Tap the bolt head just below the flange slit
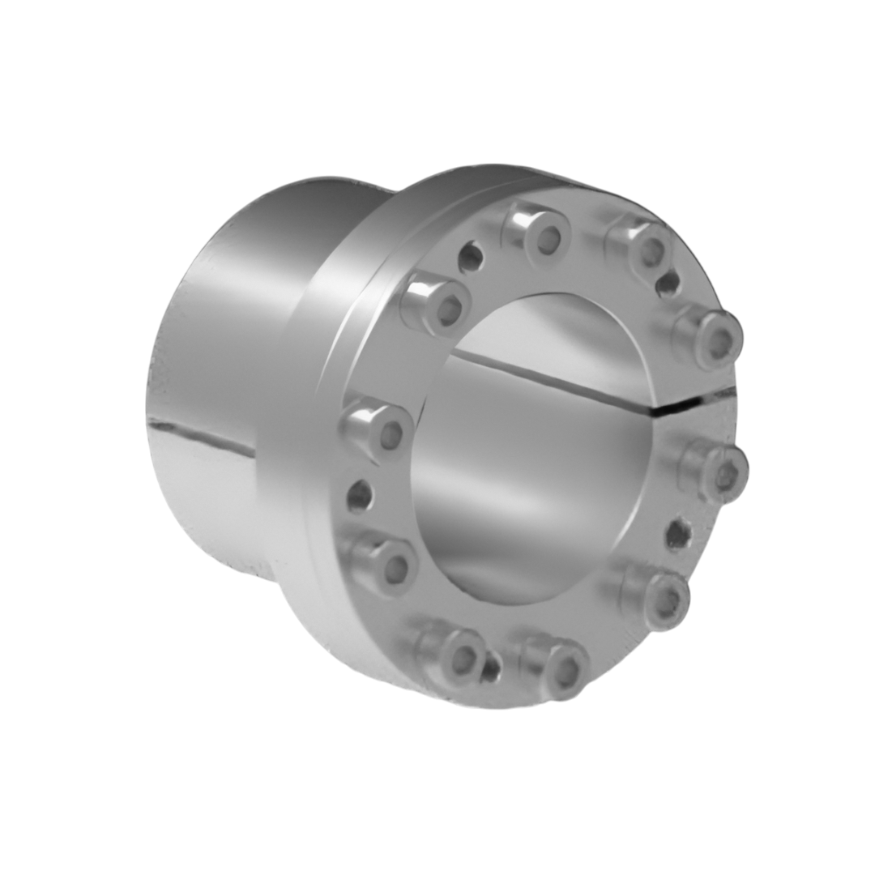[717, 471]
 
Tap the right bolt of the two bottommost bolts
[558, 666]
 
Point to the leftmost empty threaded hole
[360, 495]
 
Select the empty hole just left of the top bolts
[470, 258]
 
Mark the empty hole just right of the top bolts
[668, 283]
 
